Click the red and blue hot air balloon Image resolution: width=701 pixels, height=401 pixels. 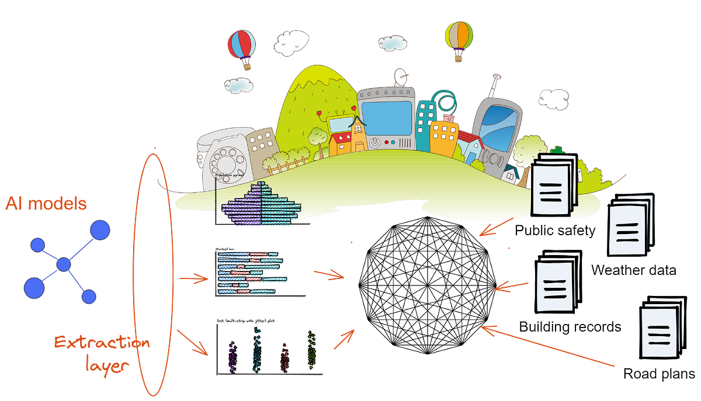[241, 46]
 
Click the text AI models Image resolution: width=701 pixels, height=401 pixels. [46, 203]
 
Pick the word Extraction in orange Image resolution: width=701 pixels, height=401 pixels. [102, 343]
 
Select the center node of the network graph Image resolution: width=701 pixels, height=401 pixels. [64, 265]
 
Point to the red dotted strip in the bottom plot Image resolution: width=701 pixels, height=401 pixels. [285, 356]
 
